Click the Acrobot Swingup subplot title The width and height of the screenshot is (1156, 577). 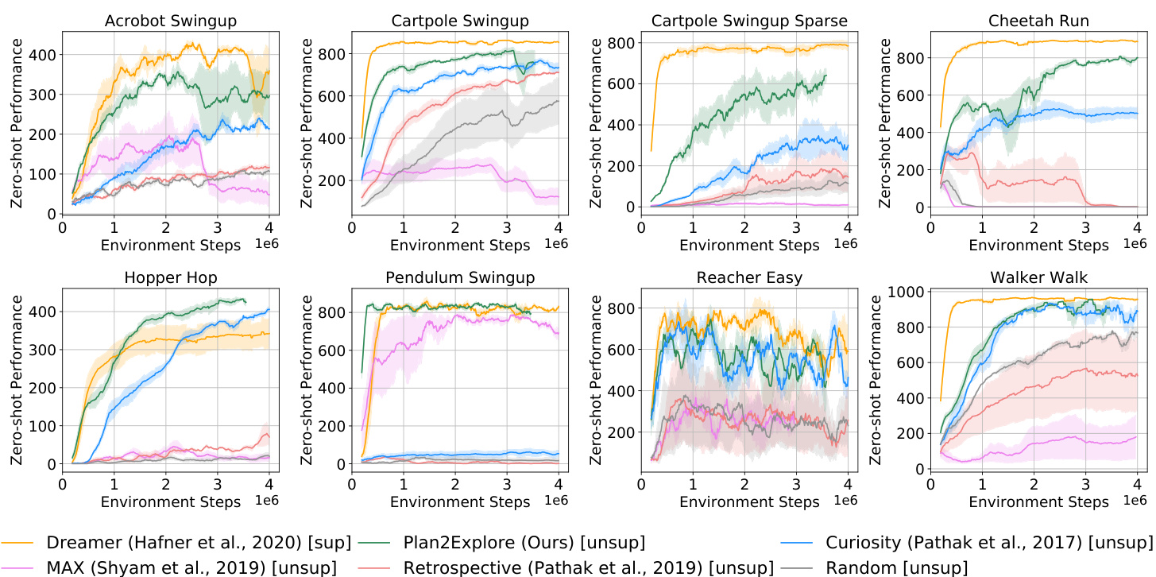coord(167,19)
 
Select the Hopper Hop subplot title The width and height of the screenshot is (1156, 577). coord(167,277)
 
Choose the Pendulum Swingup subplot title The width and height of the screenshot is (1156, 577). coord(455,277)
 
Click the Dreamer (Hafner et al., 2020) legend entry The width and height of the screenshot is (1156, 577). coord(199,543)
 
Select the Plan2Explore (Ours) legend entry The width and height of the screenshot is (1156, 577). coord(524,543)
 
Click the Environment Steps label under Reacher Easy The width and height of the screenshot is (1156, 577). coord(748,502)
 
